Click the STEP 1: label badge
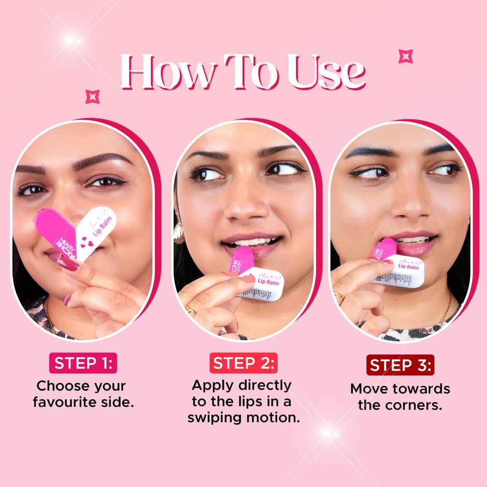click(x=83, y=363)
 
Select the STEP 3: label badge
click(x=400, y=365)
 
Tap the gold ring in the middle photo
click(x=190, y=310)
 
